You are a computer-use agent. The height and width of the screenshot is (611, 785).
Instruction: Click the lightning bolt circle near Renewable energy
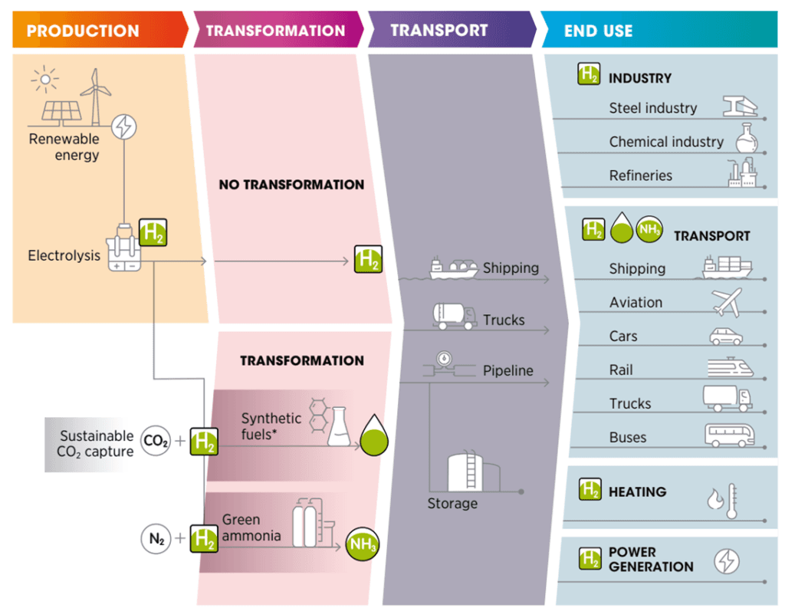(123, 126)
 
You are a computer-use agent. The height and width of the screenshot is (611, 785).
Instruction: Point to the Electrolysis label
(64, 255)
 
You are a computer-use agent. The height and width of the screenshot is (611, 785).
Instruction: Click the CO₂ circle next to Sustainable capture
(156, 442)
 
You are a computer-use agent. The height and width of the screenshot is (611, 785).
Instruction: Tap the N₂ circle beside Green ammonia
(156, 539)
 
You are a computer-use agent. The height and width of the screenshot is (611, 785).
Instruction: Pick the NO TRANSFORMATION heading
(291, 185)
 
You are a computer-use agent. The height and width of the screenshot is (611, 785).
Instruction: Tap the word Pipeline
(507, 371)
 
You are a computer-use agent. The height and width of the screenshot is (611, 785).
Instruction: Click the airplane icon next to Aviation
(727, 302)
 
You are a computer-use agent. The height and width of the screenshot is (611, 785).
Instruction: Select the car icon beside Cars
(726, 336)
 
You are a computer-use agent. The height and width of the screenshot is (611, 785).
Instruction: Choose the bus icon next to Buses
(729, 435)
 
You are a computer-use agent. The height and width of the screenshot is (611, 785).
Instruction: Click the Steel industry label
(652, 108)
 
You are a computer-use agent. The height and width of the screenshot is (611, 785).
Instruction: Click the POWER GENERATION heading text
(650, 560)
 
